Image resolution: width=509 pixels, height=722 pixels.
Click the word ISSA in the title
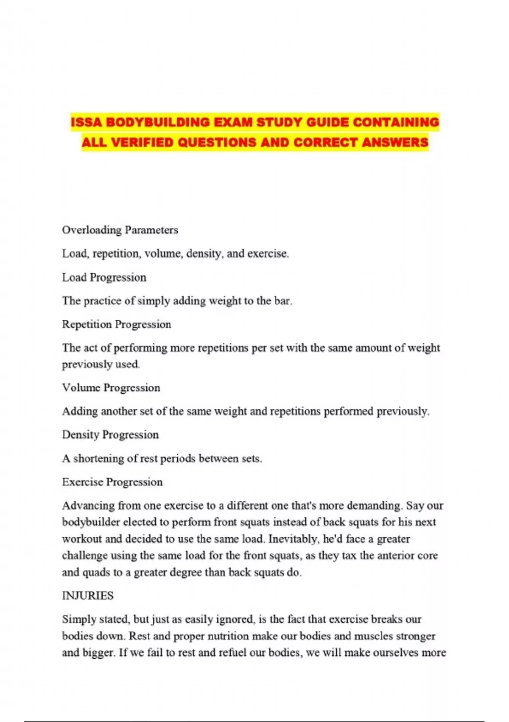coord(87,122)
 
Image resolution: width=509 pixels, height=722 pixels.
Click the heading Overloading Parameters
coord(120,230)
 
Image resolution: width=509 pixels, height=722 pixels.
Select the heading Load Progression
coord(104,277)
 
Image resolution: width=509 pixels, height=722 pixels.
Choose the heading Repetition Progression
coord(117,324)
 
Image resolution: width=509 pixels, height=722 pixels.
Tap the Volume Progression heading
coord(111,388)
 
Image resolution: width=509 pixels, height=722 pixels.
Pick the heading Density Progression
coord(110,435)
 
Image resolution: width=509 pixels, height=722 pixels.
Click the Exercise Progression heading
coord(112,482)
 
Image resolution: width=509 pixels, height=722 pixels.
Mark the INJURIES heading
coord(88,595)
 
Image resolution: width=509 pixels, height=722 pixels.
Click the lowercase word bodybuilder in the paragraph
coord(91,522)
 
